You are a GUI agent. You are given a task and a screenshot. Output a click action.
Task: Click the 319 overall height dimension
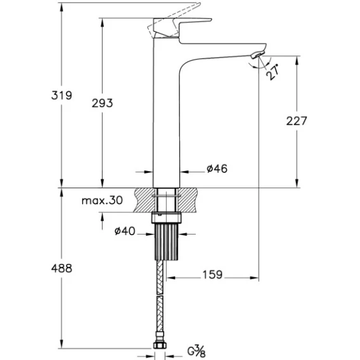pyautogui.click(x=61, y=95)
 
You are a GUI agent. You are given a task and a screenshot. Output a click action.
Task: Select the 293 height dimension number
pyautogui.click(x=102, y=103)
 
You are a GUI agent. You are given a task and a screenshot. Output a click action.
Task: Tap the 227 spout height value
pyautogui.click(x=297, y=121)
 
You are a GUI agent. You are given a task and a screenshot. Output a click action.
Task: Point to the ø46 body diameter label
pyautogui.click(x=217, y=169)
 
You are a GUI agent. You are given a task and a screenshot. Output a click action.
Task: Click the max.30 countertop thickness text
pyautogui.click(x=102, y=200)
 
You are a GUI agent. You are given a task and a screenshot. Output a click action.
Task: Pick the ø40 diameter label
pyautogui.click(x=125, y=231)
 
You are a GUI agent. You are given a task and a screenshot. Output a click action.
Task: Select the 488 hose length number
pyautogui.click(x=61, y=268)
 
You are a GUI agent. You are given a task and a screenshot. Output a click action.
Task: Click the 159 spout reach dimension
pyautogui.click(x=212, y=274)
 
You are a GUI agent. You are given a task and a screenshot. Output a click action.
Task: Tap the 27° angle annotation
pyautogui.click(x=273, y=72)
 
